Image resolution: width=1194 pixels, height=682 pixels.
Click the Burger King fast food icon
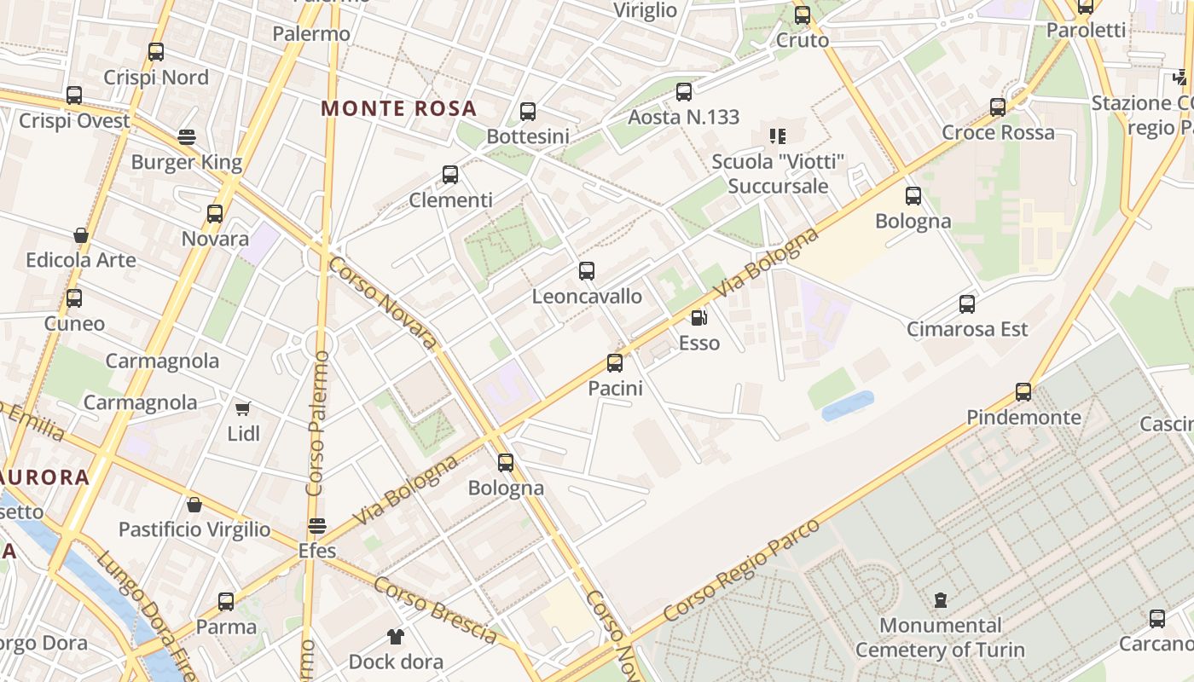(187, 136)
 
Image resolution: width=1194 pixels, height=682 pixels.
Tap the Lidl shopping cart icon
(243, 409)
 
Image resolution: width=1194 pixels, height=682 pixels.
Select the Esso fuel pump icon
(698, 319)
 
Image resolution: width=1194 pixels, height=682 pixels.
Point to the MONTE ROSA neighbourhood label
(398, 109)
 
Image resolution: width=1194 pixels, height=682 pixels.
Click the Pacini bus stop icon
(614, 363)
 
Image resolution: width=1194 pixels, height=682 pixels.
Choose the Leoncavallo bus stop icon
(587, 271)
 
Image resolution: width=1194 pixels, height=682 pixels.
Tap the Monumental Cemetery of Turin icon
(940, 600)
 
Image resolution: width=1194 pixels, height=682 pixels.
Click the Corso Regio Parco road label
(741, 570)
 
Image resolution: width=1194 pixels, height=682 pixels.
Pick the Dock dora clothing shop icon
(396, 636)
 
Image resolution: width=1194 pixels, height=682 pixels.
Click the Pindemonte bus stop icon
(1023, 392)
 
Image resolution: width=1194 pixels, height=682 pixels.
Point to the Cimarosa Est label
(967, 329)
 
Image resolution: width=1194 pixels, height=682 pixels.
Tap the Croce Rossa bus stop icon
(998, 107)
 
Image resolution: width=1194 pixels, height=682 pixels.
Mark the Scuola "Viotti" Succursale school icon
(777, 136)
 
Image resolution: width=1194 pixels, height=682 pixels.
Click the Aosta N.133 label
(683, 117)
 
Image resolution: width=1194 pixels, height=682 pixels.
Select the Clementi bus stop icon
(450, 175)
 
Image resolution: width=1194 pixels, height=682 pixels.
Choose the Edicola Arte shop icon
(81, 235)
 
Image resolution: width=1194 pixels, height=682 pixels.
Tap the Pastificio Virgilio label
(194, 529)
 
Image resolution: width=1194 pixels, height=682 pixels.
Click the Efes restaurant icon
(317, 525)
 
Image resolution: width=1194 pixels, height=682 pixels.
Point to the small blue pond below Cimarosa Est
(848, 406)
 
